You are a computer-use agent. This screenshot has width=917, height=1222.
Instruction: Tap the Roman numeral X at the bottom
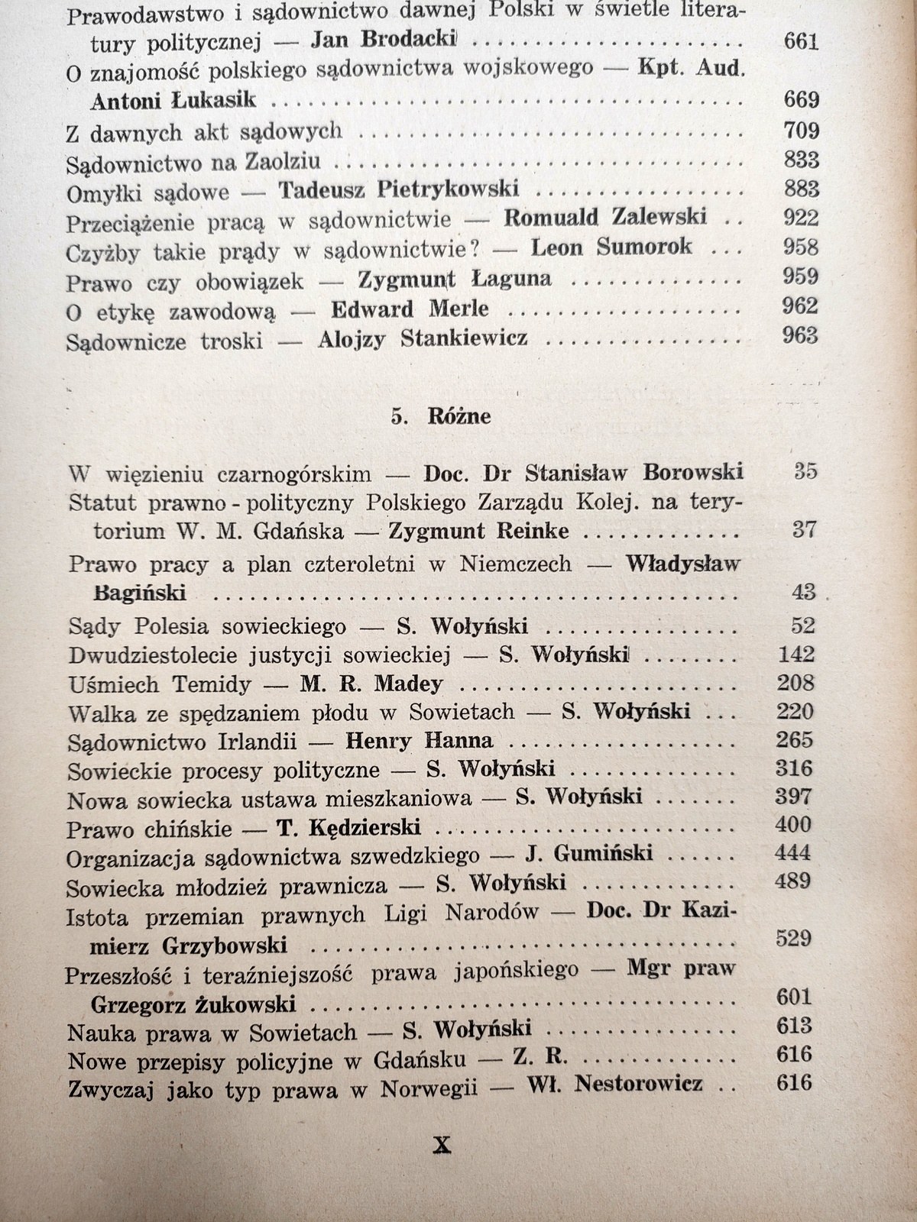[442, 1145]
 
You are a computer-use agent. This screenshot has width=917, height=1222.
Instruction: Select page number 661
[801, 41]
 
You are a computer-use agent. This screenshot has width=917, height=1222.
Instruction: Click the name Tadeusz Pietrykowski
[397, 189]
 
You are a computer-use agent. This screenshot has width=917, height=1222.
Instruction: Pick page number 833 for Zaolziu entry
[801, 160]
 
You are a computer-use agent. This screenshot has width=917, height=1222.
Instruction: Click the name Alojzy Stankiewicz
[422, 338]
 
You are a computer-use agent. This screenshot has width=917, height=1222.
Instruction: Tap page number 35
[805, 471]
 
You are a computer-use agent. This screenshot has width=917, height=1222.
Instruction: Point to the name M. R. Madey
[371, 684]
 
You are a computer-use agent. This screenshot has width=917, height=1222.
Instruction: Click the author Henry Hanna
[419, 740]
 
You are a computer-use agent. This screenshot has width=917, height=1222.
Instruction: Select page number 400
[792, 825]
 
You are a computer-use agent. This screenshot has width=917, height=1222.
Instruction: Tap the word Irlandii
[293, 741]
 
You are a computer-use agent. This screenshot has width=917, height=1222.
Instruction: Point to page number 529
[793, 938]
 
